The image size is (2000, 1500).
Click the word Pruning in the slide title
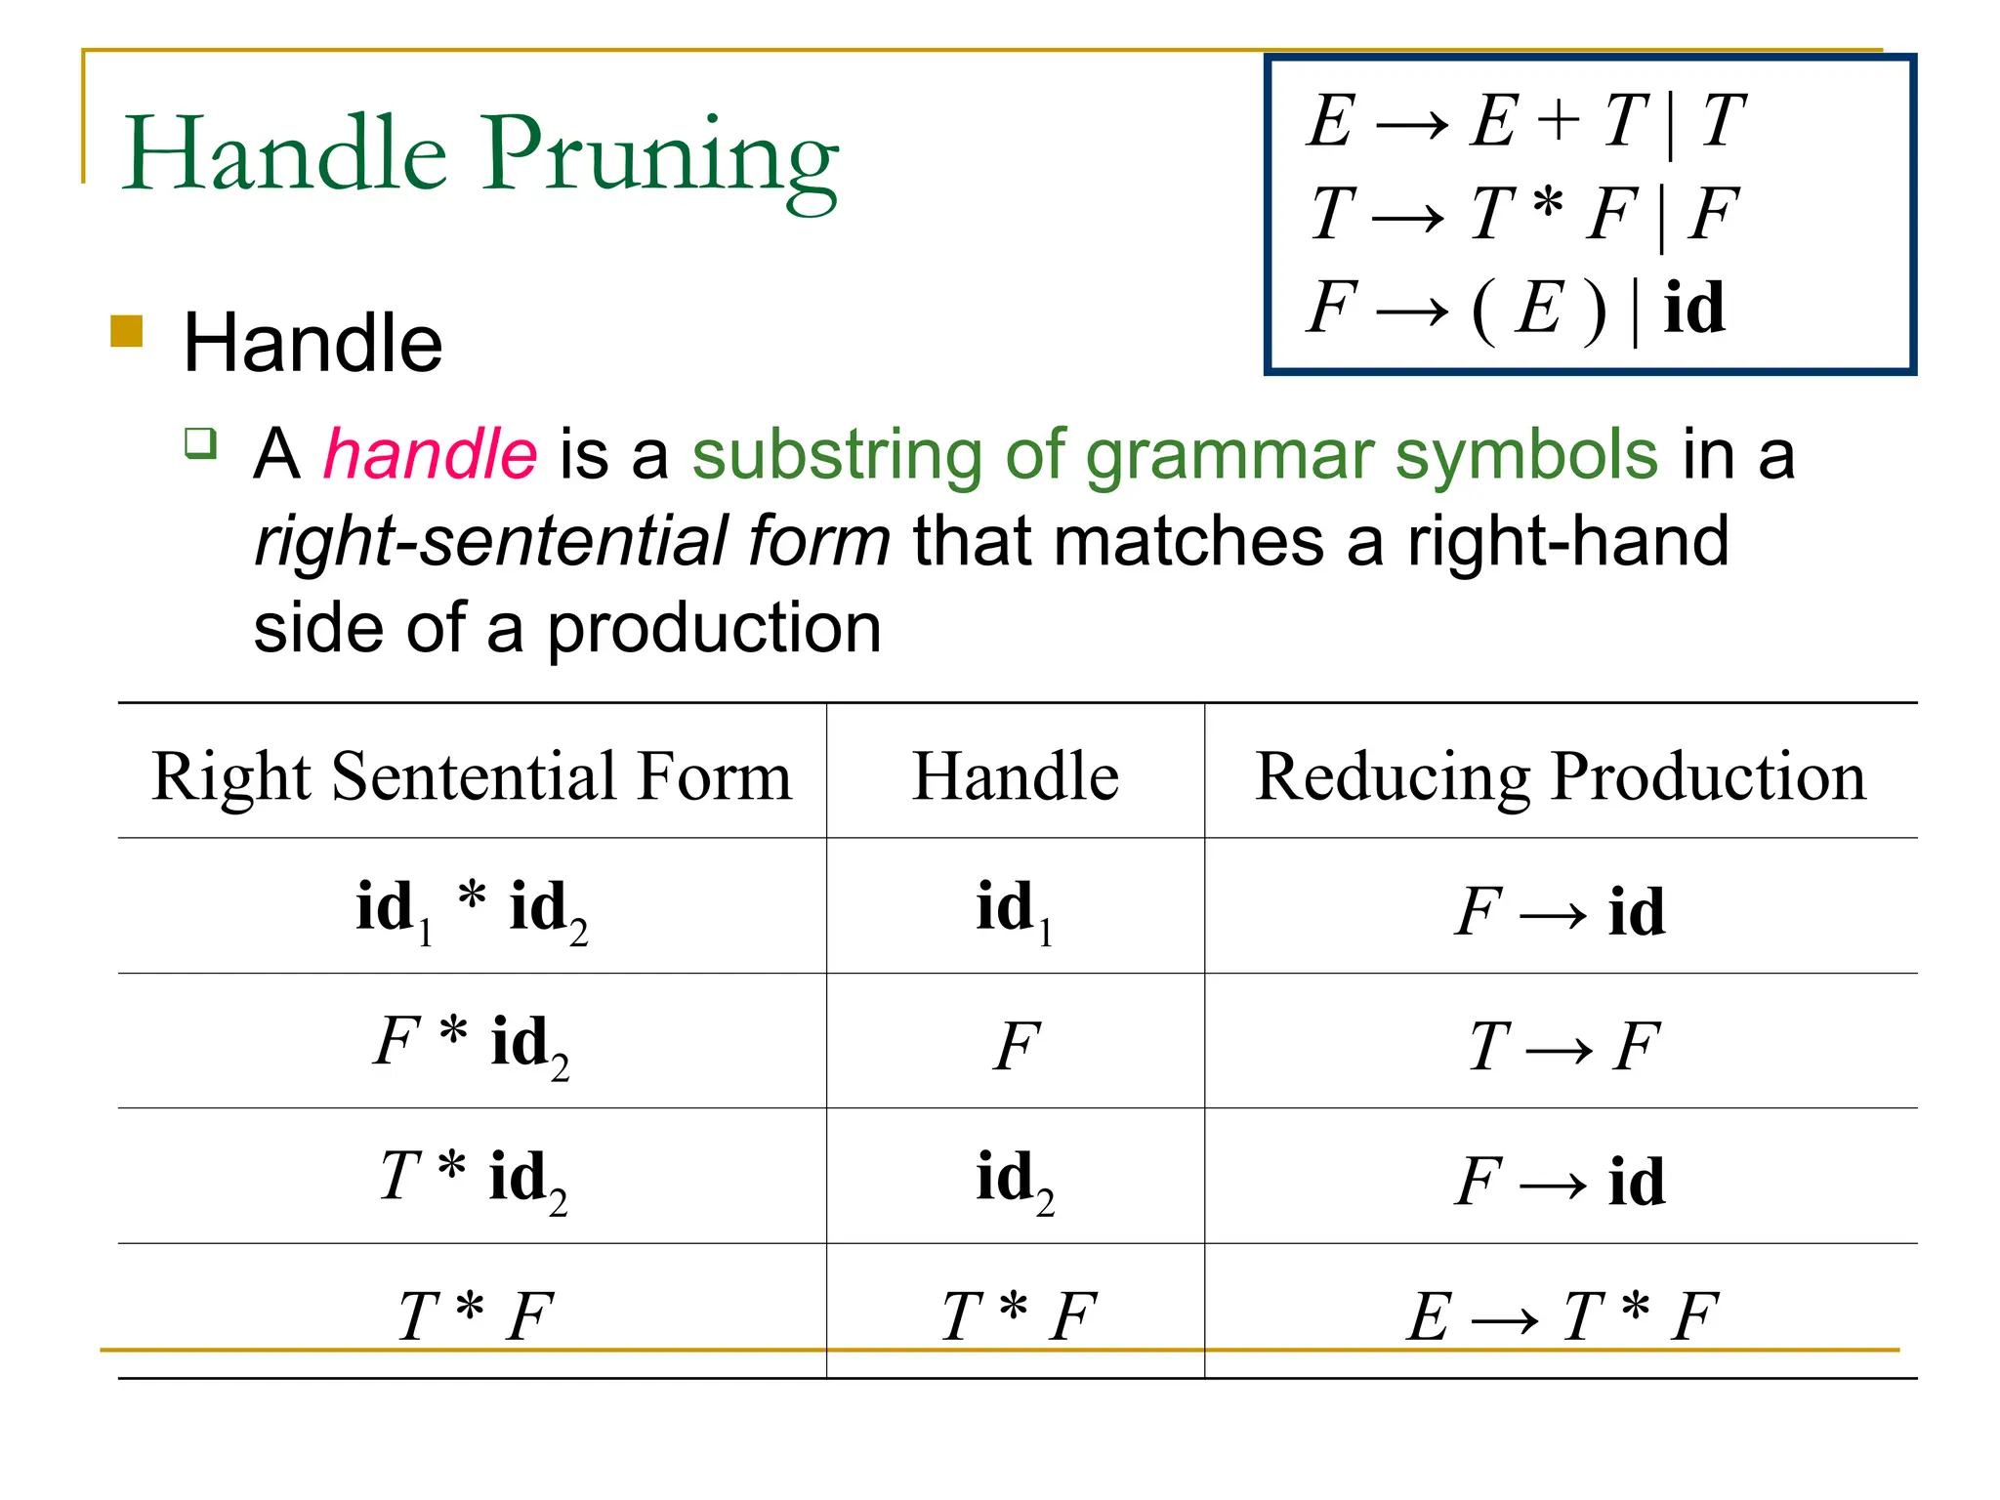click(x=661, y=156)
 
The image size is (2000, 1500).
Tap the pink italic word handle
click(x=430, y=455)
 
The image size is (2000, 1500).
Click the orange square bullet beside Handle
click(x=127, y=331)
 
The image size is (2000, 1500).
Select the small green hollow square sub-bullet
click(x=200, y=442)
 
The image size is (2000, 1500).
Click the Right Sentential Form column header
click(x=472, y=776)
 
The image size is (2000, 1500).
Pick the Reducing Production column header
click(x=1560, y=776)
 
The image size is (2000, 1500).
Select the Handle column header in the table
click(x=1015, y=776)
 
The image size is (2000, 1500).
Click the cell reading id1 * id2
click(x=472, y=908)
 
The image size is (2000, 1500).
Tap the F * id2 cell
click(x=472, y=1043)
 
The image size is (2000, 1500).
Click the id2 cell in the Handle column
click(x=1015, y=1180)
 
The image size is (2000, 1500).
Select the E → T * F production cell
click(x=1561, y=1315)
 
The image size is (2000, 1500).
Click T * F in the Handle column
click(x=1017, y=1315)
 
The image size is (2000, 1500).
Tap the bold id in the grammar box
click(x=1693, y=308)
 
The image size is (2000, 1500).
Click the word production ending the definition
click(x=714, y=627)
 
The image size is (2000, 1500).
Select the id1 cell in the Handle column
click(x=1015, y=909)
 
